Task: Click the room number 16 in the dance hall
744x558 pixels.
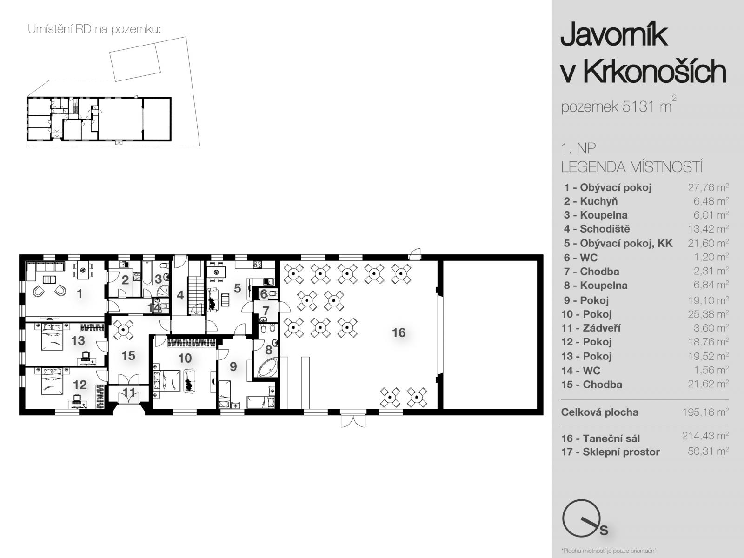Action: click(x=399, y=332)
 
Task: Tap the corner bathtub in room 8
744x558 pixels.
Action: click(x=268, y=368)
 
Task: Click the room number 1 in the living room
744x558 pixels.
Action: click(x=80, y=293)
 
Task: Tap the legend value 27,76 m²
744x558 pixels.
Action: click(x=708, y=187)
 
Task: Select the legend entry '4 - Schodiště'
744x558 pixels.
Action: click(x=597, y=229)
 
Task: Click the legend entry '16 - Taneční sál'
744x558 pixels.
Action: click(x=600, y=438)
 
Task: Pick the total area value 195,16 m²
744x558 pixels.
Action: click(x=705, y=412)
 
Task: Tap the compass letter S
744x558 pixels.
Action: click(x=604, y=530)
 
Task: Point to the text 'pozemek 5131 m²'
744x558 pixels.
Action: click(x=618, y=105)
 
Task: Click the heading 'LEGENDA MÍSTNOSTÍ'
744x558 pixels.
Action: click(x=631, y=167)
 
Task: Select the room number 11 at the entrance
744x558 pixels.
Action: click(x=129, y=392)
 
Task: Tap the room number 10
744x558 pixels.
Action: click(x=185, y=358)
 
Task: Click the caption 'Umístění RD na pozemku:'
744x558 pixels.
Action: click(x=94, y=29)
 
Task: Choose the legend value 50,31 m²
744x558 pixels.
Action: click(x=708, y=451)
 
